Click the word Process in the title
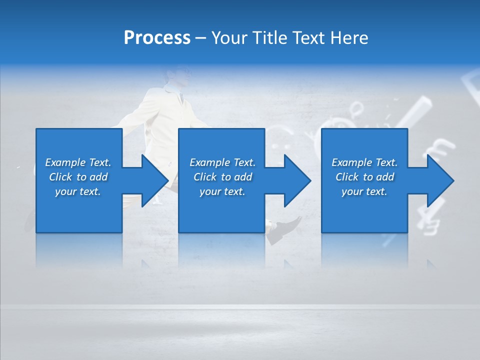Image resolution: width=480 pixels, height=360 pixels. [x=157, y=38]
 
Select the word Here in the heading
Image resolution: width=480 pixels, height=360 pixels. [x=349, y=38]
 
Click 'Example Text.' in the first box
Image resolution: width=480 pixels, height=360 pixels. [x=78, y=162]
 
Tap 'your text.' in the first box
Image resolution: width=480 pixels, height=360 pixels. [x=78, y=191]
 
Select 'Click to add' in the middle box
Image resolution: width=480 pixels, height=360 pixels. [x=222, y=177]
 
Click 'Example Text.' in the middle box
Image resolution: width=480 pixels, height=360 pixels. [x=222, y=162]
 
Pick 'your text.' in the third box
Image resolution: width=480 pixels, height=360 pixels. [x=364, y=191]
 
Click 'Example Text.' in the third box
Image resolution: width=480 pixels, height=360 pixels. [x=364, y=162]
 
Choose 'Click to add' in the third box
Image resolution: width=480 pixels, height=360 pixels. [x=364, y=177]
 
